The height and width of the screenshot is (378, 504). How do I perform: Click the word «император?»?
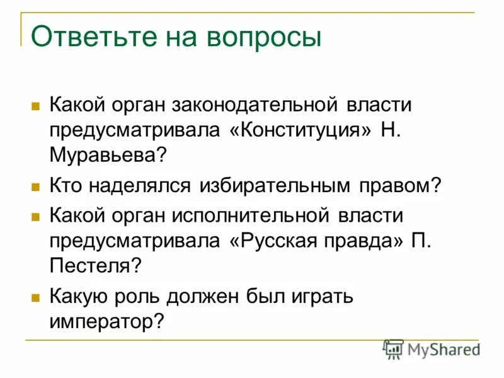[107, 321]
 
